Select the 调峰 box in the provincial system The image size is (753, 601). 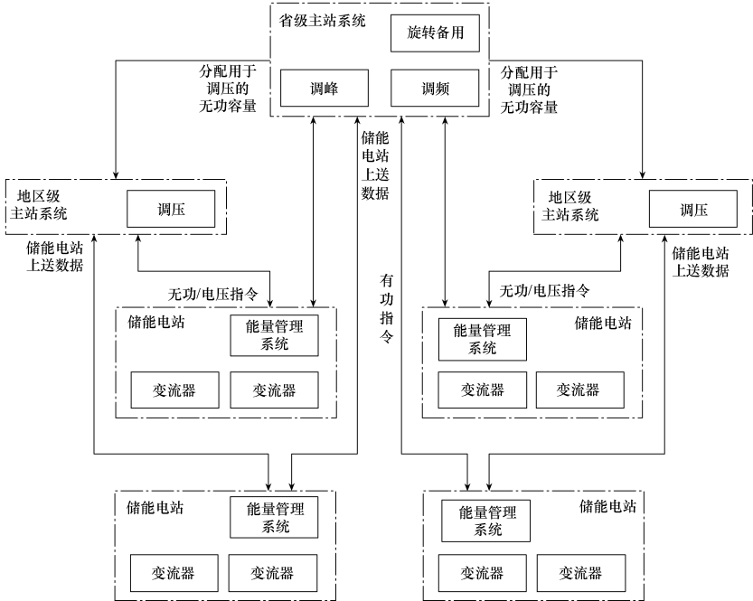tap(324, 89)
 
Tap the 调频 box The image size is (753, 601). tap(434, 89)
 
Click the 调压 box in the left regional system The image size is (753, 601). tap(170, 209)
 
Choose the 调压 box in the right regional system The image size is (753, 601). tap(693, 209)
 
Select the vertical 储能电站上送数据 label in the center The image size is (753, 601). tap(374, 164)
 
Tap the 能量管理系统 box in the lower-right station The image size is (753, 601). tap(485, 521)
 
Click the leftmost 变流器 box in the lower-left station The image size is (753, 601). tap(162, 573)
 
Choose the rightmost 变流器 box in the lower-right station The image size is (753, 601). tap(579, 573)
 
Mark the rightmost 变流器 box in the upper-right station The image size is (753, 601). tap(579, 390)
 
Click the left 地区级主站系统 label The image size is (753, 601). tap(41, 205)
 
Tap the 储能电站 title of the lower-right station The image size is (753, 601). tap(607, 506)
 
